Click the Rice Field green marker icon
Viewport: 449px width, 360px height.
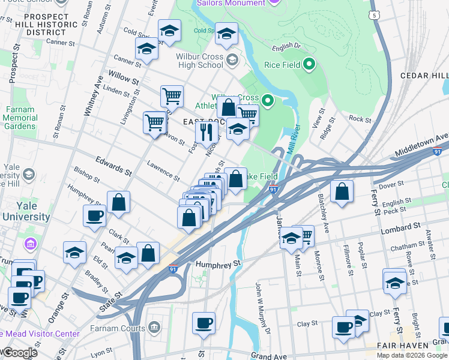click(x=309, y=64)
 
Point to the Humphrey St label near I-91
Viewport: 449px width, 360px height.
click(x=218, y=263)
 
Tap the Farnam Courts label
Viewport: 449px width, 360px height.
click(x=118, y=328)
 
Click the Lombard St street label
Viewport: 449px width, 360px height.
click(x=400, y=228)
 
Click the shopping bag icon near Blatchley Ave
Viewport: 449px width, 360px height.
click(x=342, y=192)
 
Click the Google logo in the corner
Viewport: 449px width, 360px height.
click(x=19, y=353)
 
